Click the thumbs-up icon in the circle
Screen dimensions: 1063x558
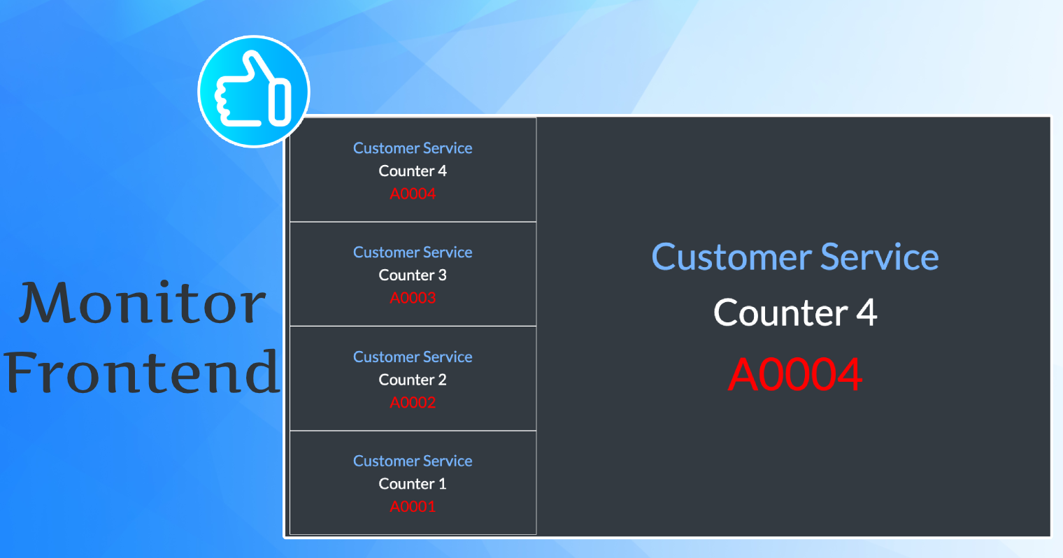coord(253,91)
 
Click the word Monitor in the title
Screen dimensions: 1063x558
coord(142,302)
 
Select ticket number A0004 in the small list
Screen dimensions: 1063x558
coord(413,194)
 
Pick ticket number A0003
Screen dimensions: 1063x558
coord(413,297)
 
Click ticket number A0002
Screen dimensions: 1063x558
coord(413,402)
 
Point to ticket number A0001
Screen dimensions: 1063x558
coord(413,506)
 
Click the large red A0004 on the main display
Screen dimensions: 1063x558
coord(795,374)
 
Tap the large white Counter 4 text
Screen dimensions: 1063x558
coord(795,313)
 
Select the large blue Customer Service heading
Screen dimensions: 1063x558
coord(795,257)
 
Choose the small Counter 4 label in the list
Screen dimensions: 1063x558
coord(413,171)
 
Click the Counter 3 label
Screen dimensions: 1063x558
coord(413,275)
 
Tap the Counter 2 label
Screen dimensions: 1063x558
coord(413,380)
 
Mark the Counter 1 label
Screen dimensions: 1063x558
coord(413,483)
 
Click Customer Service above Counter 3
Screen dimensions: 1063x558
coord(413,252)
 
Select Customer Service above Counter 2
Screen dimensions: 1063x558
coord(413,357)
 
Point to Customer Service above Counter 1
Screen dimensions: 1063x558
coord(413,461)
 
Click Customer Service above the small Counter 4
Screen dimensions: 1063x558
coord(413,148)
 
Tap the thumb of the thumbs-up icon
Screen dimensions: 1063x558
coord(257,66)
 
